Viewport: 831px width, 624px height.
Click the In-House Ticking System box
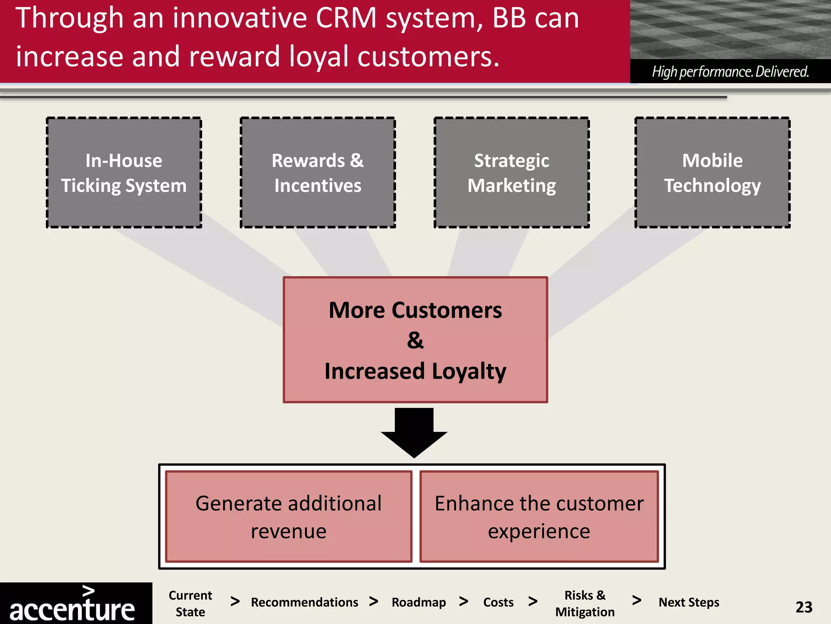[x=124, y=173]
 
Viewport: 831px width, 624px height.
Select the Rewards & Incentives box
[x=318, y=173]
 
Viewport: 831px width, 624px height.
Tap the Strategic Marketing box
[x=512, y=173]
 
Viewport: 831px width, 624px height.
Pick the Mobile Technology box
[x=713, y=173]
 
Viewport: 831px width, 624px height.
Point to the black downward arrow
[x=414, y=433]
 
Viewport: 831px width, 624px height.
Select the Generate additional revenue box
[x=288, y=517]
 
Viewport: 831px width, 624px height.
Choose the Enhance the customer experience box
[x=539, y=517]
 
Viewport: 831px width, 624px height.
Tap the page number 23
[x=804, y=607]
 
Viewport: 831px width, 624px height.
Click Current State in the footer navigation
[x=190, y=603]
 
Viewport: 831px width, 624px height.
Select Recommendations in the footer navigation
[x=304, y=602]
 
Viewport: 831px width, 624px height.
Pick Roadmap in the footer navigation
[x=419, y=602]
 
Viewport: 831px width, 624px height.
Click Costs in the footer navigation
[x=498, y=602]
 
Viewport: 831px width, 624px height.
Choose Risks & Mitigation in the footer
[x=585, y=603]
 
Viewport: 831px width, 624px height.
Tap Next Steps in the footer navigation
[x=689, y=602]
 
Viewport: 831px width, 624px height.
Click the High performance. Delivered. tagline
[x=730, y=72]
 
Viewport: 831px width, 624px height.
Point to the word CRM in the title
[x=346, y=18]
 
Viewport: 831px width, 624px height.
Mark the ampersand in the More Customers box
[x=415, y=340]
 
